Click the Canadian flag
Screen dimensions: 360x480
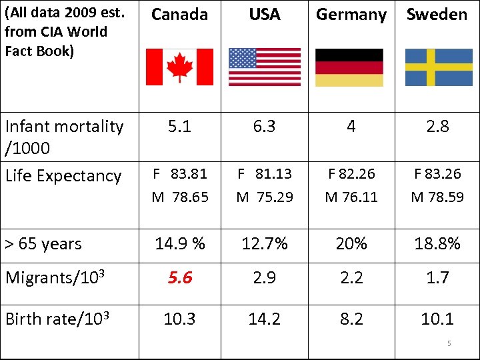pyautogui.click(x=179, y=67)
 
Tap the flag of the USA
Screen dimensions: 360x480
pyautogui.click(x=265, y=67)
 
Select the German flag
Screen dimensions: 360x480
pyautogui.click(x=349, y=67)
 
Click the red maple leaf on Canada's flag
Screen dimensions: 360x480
pyautogui.click(x=179, y=67)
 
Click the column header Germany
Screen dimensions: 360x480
pyautogui.click(x=351, y=15)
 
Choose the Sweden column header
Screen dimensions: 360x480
pyautogui.click(x=437, y=14)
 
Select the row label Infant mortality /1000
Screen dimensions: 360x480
pyautogui.click(x=63, y=136)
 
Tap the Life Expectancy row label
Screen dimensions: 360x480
pyautogui.click(x=63, y=176)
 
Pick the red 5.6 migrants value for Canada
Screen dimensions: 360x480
pyautogui.click(x=179, y=277)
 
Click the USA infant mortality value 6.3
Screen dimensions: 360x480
pyautogui.click(x=265, y=127)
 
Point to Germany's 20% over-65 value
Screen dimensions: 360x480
pyautogui.click(x=351, y=244)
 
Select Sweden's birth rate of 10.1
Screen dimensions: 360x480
pyautogui.click(x=437, y=319)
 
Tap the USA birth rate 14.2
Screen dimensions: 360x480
pyautogui.click(x=265, y=319)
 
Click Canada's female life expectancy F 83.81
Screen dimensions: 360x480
pyautogui.click(x=179, y=174)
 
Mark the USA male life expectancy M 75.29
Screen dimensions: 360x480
pyautogui.click(x=265, y=197)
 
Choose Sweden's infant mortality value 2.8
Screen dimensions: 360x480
pyautogui.click(x=437, y=127)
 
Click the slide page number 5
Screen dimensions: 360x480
pyautogui.click(x=449, y=343)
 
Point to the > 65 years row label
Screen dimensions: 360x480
pyautogui.click(x=43, y=244)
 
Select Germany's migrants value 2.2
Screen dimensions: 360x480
pyautogui.click(x=351, y=277)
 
